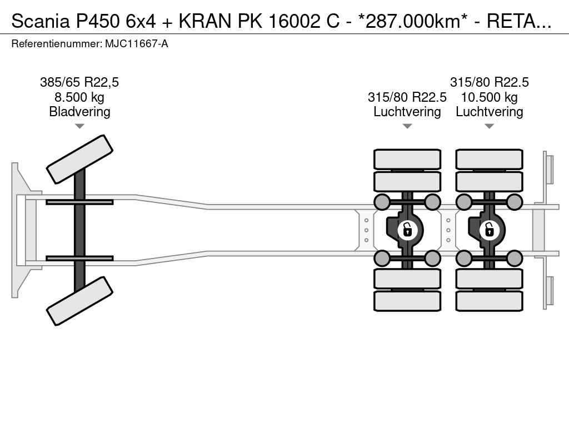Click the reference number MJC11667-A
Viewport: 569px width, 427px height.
pos(137,44)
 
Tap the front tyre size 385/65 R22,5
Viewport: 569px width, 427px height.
pos(79,82)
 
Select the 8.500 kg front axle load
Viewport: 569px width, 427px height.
pos(79,97)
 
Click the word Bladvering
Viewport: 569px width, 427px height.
pos(79,112)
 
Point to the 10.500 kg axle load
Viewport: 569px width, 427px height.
pos(489,97)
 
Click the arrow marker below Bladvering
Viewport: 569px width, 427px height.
pos(79,126)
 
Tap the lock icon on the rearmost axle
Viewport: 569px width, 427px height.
pos(489,230)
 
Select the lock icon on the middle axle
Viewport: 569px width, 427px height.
pos(407,230)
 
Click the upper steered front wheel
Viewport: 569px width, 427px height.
pos(79,159)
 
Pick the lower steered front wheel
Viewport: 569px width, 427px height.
pos(79,301)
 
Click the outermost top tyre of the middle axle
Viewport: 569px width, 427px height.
pos(407,159)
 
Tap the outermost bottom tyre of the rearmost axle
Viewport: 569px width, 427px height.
pos(489,301)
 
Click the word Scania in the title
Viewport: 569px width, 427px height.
pos(40,22)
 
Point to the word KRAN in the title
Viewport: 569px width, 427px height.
pos(205,22)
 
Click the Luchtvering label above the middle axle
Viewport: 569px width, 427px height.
pos(407,112)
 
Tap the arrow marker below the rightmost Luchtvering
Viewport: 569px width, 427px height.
pos(489,126)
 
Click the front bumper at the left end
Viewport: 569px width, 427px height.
pos(15,230)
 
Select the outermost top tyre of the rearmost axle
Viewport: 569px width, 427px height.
pos(489,159)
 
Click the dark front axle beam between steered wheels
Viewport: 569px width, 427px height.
pos(79,230)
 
